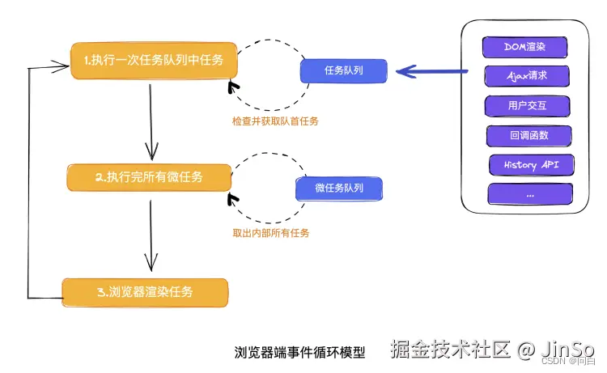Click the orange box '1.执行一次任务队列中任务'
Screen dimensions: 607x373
point(154,61)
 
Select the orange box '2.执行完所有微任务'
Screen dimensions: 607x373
point(149,178)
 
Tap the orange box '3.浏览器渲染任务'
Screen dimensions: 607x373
point(145,293)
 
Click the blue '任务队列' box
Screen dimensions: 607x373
point(344,71)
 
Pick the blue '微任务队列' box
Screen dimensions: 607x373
point(339,189)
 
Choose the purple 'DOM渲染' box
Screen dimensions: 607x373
point(525,47)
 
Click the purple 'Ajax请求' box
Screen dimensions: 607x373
point(527,76)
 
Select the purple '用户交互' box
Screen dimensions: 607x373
point(527,106)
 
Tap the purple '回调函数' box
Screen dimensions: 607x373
point(529,136)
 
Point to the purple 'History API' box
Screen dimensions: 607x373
point(532,165)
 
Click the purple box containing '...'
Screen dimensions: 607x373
point(530,194)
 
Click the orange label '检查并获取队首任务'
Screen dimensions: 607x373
point(275,121)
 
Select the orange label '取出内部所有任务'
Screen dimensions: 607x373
point(271,233)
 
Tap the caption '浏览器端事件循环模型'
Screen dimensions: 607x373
point(299,353)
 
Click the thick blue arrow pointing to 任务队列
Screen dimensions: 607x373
point(432,71)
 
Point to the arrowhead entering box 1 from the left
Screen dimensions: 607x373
point(62,66)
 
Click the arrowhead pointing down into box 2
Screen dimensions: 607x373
point(152,151)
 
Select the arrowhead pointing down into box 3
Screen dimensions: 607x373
point(151,262)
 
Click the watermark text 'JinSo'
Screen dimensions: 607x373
point(567,350)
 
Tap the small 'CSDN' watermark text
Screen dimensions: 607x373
point(554,362)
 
